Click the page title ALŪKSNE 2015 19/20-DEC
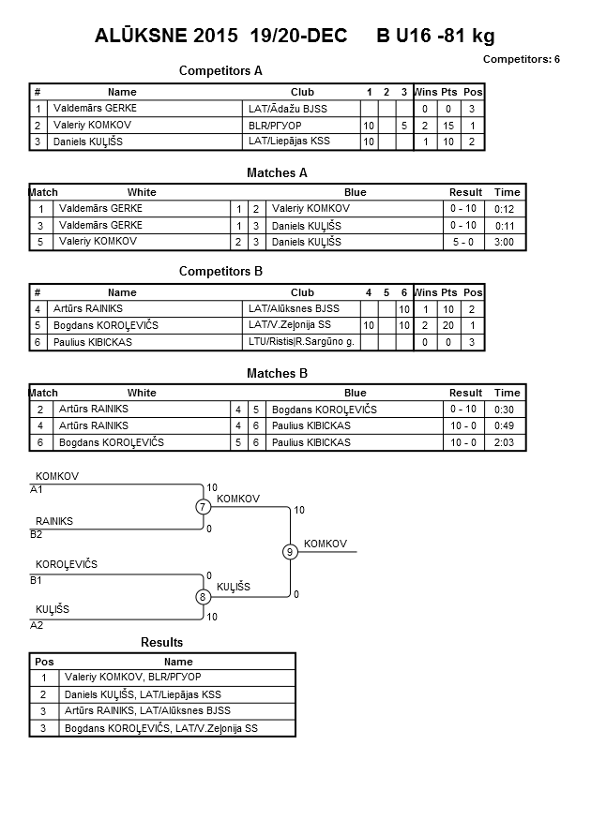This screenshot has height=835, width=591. click(x=220, y=36)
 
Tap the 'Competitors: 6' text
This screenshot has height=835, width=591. click(x=522, y=59)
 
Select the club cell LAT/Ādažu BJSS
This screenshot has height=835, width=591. click(x=288, y=109)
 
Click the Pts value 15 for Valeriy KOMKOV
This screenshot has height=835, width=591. click(x=448, y=126)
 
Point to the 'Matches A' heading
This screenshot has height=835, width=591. click(x=277, y=172)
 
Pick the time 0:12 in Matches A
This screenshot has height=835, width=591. click(x=504, y=209)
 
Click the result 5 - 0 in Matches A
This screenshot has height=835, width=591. click(x=463, y=242)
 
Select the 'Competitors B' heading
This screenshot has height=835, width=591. click(x=220, y=271)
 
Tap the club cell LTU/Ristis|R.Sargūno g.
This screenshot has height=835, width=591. click(x=301, y=342)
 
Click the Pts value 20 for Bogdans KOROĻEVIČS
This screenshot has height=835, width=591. click(x=448, y=325)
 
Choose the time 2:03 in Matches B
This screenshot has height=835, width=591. click(x=504, y=442)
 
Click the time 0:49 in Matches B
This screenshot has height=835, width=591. click(x=504, y=426)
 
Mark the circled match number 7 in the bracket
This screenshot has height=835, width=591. click(x=203, y=507)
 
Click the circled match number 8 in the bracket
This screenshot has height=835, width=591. click(x=203, y=597)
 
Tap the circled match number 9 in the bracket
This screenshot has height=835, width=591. click(x=290, y=552)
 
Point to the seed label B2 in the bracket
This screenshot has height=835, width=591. click(x=36, y=535)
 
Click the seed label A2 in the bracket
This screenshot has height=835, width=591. click(x=37, y=625)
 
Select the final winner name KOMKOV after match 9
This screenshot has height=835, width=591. click(x=326, y=544)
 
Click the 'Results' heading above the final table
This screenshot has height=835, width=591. click(x=162, y=642)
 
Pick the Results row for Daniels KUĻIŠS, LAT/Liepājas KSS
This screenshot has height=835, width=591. click(x=162, y=694)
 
